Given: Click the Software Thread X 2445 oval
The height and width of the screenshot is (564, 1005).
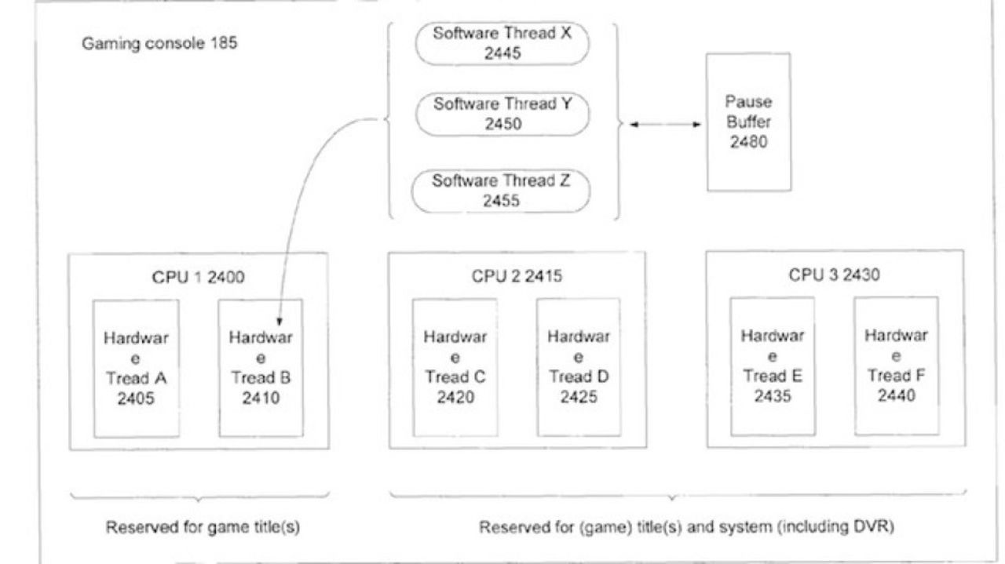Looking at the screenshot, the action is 502,43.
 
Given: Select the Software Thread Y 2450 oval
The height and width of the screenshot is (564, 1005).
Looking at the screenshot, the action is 502,115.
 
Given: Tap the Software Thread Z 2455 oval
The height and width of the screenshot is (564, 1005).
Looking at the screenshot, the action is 501,191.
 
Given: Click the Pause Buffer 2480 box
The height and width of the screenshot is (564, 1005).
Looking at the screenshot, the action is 749,122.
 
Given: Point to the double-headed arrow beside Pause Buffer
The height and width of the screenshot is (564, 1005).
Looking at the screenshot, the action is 665,124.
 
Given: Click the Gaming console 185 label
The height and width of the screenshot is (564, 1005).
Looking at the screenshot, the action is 159,43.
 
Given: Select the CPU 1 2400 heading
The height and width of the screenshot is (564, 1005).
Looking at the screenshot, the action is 199,277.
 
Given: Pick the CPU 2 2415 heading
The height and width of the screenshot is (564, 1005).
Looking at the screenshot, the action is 517,275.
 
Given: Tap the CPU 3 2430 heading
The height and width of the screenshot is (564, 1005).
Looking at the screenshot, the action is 835,275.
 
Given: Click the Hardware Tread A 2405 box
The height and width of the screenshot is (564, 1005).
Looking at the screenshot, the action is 137,369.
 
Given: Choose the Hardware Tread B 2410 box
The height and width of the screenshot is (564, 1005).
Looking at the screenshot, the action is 261,368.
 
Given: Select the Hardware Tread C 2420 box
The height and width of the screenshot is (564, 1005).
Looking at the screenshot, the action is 455,367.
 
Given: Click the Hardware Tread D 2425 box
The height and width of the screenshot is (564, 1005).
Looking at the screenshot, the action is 579,367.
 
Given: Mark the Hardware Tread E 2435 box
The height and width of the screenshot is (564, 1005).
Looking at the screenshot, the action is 773,366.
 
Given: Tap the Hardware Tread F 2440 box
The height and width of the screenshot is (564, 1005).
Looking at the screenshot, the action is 897,366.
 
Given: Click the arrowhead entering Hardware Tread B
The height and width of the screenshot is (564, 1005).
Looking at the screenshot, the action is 279,322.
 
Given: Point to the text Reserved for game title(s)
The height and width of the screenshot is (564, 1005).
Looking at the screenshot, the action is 203,527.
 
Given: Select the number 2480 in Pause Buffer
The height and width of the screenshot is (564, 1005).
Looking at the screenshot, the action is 748,142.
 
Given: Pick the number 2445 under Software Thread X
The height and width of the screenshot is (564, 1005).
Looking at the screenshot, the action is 502,53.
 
